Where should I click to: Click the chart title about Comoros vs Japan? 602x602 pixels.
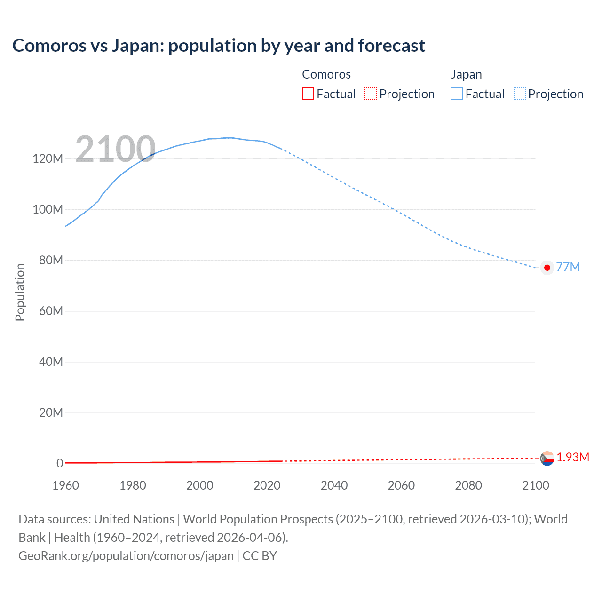coord(219,46)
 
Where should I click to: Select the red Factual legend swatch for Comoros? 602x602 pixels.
coord(308,94)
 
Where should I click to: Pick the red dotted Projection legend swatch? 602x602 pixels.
coord(371,94)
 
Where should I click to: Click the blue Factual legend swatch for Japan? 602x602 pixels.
coord(457,94)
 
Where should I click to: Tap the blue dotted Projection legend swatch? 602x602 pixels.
coord(520,94)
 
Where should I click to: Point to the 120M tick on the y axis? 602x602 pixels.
coord(48,158)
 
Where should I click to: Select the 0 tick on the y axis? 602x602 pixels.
coord(60,463)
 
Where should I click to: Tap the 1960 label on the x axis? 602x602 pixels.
coord(65,485)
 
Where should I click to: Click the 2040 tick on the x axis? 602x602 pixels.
coord(334,485)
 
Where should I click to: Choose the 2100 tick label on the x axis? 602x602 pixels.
coord(535,485)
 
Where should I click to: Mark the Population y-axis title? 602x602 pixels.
coord(20,292)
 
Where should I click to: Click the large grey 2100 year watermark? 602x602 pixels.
coord(115,150)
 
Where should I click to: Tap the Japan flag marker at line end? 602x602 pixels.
coord(547,268)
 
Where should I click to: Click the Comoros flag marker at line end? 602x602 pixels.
coord(547,458)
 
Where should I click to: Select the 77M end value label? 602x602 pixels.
coord(568,267)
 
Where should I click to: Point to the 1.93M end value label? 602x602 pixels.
coord(573,457)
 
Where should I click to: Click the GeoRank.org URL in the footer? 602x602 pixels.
coord(126,556)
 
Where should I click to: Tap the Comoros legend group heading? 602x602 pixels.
coord(326,74)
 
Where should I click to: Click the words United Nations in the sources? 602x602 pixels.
coord(134,519)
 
